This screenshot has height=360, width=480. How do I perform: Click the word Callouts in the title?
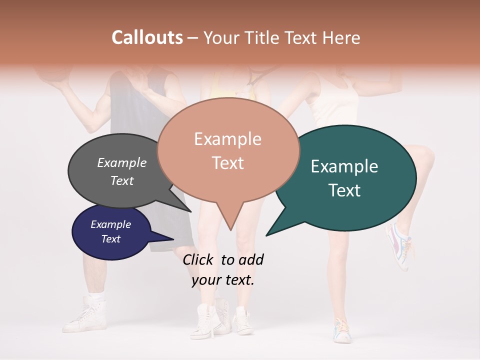[x=147, y=37]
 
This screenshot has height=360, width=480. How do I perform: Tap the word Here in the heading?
[x=341, y=37]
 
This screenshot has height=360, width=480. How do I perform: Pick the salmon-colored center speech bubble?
[x=228, y=150]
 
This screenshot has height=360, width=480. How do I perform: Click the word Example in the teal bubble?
[x=344, y=166]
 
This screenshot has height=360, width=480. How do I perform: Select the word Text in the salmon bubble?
[x=228, y=163]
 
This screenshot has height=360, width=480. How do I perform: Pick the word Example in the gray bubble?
[x=122, y=162]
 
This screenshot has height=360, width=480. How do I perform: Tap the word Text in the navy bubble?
[x=111, y=239]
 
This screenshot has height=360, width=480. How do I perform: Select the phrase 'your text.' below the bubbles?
[x=223, y=280]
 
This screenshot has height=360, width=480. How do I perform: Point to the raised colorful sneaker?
[x=400, y=245]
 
